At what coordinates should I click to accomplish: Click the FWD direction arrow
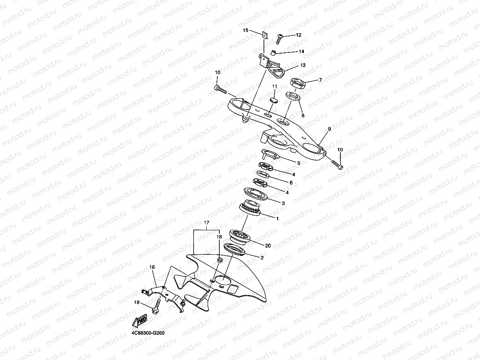point(140,320)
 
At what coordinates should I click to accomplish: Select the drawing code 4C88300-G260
point(148,333)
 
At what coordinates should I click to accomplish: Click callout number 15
point(245,30)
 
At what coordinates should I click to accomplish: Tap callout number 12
point(299,35)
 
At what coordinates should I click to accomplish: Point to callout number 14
point(301,52)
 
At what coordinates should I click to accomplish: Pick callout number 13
point(303,65)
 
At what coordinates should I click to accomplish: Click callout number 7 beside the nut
point(320,80)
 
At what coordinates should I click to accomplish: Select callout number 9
point(329,129)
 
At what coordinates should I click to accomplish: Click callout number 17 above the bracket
point(206,223)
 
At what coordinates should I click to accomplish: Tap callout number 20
point(268,246)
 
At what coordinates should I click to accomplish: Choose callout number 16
point(152,267)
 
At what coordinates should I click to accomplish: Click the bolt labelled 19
point(157,307)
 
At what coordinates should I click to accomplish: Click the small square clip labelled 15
point(265,35)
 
